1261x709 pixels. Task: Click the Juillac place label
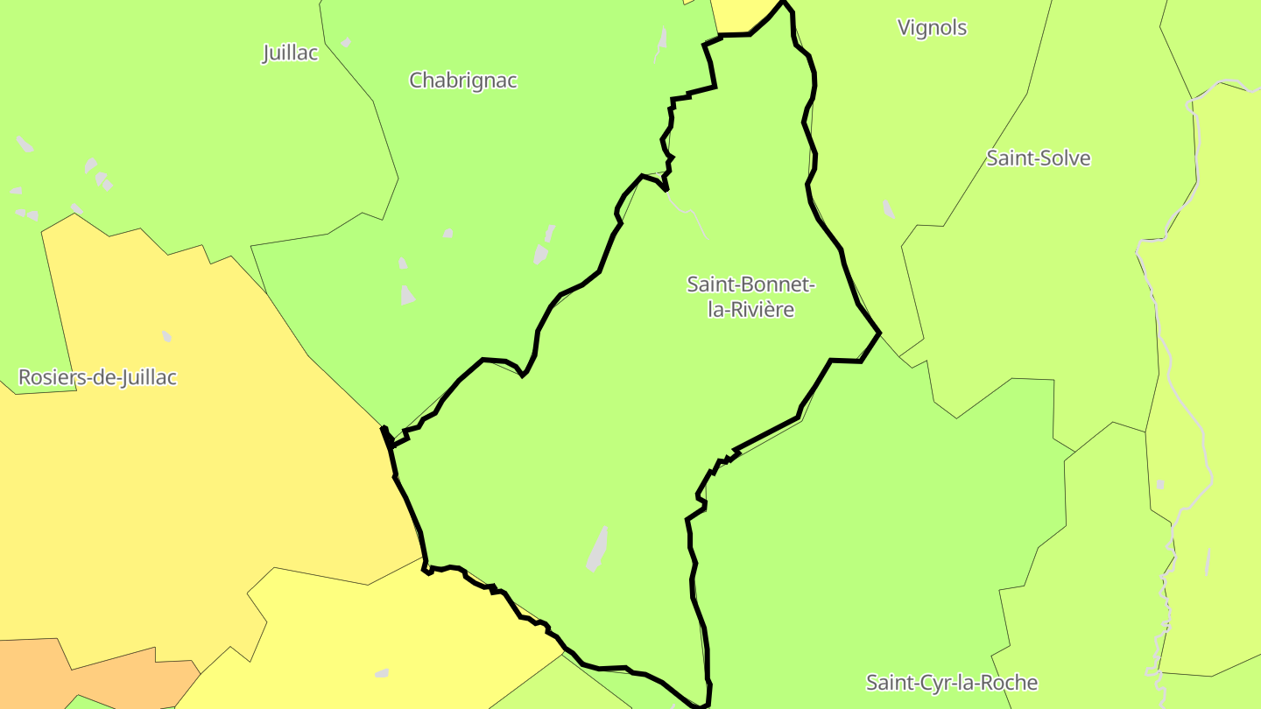pyautogui.click(x=290, y=53)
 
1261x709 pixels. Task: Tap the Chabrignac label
pyautogui.click(x=463, y=81)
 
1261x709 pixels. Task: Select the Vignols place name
pyautogui.click(x=932, y=28)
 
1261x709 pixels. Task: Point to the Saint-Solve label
pyautogui.click(x=1039, y=158)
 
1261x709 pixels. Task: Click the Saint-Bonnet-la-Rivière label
pyautogui.click(x=750, y=297)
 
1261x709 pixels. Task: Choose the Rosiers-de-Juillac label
pyautogui.click(x=97, y=378)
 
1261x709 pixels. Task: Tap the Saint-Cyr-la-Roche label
pyautogui.click(x=952, y=683)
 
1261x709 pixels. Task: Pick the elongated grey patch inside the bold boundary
pyautogui.click(x=598, y=549)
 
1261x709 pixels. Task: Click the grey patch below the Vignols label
pyautogui.click(x=889, y=209)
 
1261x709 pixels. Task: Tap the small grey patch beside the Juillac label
pyautogui.click(x=346, y=42)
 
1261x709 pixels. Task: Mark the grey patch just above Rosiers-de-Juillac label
pyautogui.click(x=166, y=336)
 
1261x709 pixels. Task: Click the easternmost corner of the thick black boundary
pyautogui.click(x=879, y=333)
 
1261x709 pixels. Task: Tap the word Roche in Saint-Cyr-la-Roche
pyautogui.click(x=1010, y=683)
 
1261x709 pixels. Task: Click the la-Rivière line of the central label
pyautogui.click(x=750, y=309)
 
